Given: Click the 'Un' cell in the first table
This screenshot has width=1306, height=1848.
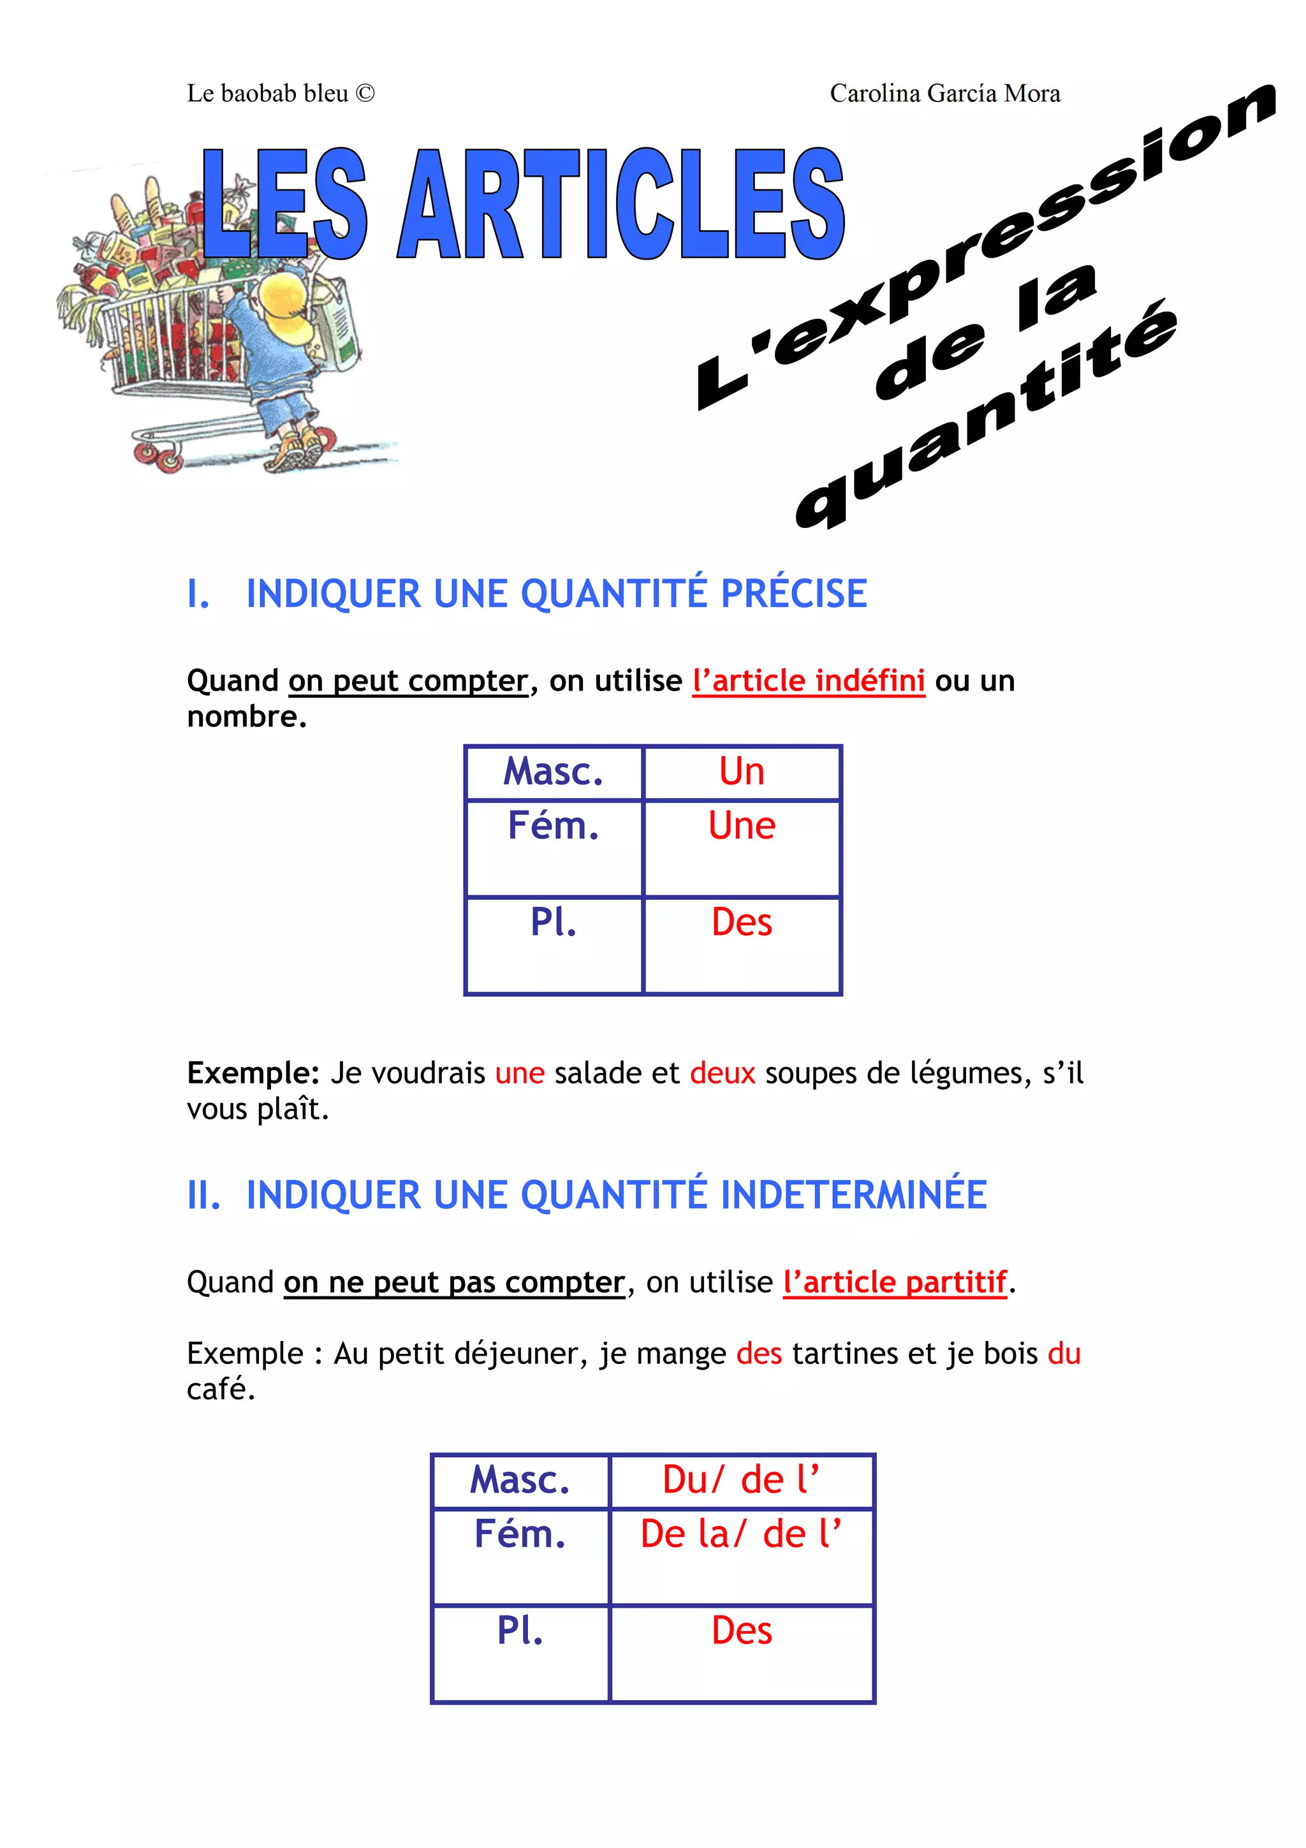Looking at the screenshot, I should [741, 772].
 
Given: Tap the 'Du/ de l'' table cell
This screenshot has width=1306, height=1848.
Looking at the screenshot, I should [740, 1480].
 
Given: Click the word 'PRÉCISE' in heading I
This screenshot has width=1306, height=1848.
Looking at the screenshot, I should [793, 594].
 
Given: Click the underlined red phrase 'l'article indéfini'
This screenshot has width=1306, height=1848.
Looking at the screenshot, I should [809, 681].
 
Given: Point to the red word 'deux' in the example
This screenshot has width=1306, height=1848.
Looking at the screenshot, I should [723, 1074].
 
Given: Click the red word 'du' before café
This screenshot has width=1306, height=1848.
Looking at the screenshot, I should [1064, 1354].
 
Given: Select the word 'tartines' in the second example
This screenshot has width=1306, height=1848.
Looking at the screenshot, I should [844, 1354].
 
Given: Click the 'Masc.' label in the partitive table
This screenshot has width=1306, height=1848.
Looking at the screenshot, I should [520, 1480].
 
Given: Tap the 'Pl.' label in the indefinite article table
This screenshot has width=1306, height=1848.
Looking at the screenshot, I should [554, 922].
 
